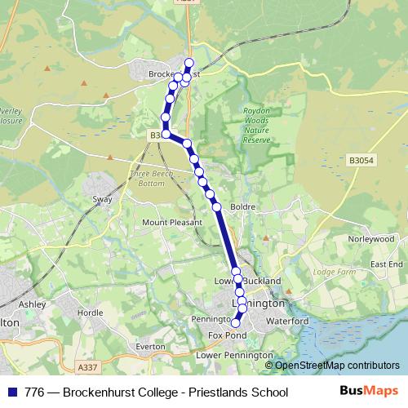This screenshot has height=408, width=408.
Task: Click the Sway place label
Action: (101, 198)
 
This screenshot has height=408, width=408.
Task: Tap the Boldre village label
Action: (244, 207)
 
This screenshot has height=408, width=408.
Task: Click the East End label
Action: (386, 265)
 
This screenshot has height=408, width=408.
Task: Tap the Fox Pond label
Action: (227, 335)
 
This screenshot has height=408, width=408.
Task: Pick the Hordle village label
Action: (89, 313)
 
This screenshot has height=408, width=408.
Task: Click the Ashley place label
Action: (33, 304)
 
